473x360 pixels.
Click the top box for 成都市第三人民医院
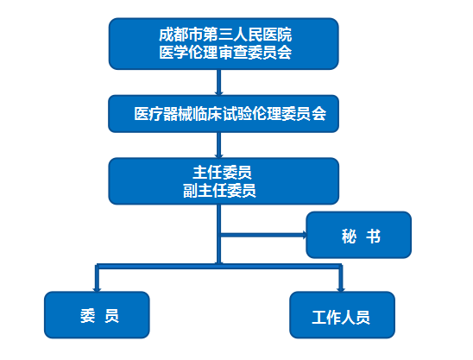pos(224,44)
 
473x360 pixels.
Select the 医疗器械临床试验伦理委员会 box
pos(224,114)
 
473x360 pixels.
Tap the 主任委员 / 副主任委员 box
pos(224,181)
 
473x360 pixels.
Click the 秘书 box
pos(359,235)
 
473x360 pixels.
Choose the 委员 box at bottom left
pos(97,315)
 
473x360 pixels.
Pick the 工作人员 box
pos(342,315)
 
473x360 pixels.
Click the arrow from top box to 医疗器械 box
pos(219,82)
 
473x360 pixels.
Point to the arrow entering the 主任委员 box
pos(219,145)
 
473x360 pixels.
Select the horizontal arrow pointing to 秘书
pos(263,235)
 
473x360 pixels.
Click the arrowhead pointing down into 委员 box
pos(97,289)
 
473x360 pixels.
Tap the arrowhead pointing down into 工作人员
pos(341,289)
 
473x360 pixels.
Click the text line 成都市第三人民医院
pos(225,35)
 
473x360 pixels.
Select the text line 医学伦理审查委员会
pos(225,52)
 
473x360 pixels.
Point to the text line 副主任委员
pos(219,191)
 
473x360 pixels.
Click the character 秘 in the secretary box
pos(350,236)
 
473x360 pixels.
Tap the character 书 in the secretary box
pos(374,236)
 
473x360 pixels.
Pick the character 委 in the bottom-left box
pos(88,316)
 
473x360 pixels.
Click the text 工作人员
pos(341,318)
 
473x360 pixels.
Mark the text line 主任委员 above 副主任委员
pos(223,173)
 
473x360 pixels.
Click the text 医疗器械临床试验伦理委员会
pos(230,114)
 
